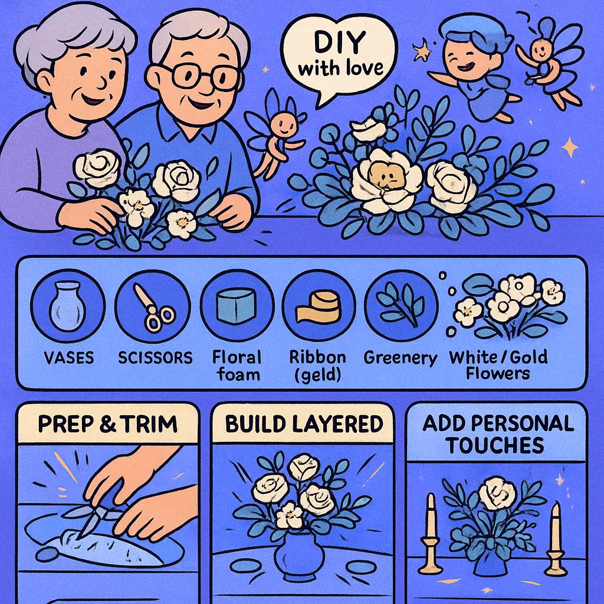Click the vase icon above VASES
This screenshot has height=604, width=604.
pos(67,306)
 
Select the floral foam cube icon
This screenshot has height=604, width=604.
pos(236,306)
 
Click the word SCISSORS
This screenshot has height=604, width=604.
pos(155,358)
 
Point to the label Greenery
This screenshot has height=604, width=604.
pos(401,358)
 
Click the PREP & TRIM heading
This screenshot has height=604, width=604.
pos(108,424)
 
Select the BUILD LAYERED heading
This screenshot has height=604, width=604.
pos(304,424)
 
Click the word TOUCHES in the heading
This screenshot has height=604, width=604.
pos(495,446)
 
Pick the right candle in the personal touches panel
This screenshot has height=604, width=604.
pos(555,539)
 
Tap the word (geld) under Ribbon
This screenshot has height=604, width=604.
pos(318,375)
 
